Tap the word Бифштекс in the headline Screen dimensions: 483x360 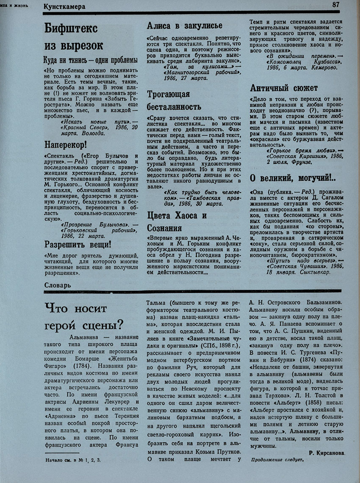pyautogui.click(x=71, y=28)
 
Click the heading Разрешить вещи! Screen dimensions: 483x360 pyautogui.click(x=78, y=244)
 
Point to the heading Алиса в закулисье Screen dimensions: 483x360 pyautogui.click(x=184, y=26)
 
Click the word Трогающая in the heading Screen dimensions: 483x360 pyautogui.click(x=169, y=94)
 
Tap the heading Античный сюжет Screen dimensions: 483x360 pyautogui.click(x=284, y=88)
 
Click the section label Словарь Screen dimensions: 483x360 pyautogui.click(x=57, y=285)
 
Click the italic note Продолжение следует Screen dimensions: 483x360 pyautogui.click(x=277, y=460)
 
